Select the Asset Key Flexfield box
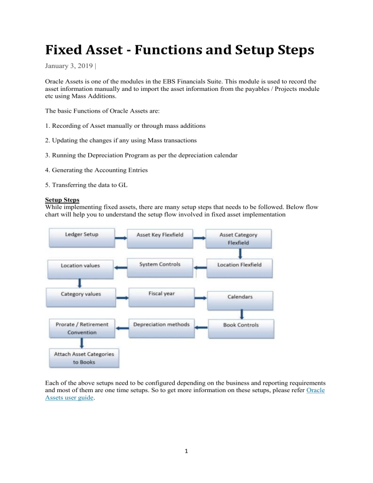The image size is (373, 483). coord(160,237)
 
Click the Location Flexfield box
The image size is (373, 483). coord(239,268)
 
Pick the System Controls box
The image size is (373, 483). coord(160,267)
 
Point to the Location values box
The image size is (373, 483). coord(81,268)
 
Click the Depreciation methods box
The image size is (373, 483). coord(160,326)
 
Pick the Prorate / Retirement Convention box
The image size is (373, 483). coord(82,328)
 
